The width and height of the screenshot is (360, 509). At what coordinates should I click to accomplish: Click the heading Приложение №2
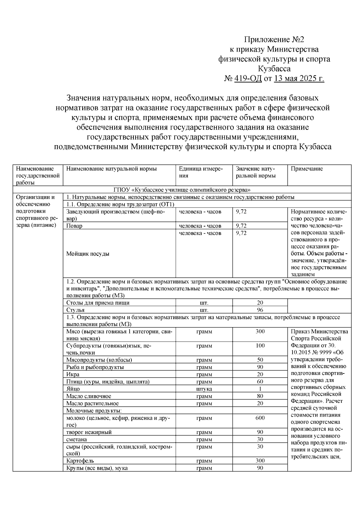pos(274,40)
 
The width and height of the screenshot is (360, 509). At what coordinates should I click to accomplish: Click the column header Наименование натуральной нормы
pos(111,169)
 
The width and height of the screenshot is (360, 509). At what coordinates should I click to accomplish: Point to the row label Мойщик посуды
pos(88,254)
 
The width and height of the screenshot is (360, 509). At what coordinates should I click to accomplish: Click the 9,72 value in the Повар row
pos(241,226)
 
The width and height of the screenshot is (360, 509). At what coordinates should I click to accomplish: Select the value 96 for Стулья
pos(260,310)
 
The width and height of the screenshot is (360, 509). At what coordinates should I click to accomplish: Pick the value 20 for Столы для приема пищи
pos(260,303)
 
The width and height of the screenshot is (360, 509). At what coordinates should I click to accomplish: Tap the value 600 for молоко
pos(260,418)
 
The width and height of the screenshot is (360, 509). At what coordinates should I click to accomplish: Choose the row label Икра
pos(73,374)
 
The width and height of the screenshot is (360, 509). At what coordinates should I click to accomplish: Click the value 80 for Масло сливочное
pos(260,396)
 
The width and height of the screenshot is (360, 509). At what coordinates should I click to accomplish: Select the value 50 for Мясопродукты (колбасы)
pos(260,360)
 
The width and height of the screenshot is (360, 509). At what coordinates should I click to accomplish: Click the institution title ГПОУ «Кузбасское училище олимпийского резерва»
pos(182,190)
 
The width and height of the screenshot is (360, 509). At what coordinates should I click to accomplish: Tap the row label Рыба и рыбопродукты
pos(95,367)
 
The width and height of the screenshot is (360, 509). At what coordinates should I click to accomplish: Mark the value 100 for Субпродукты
pos(260,346)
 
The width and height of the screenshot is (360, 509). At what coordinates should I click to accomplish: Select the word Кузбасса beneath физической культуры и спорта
pos(274,69)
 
